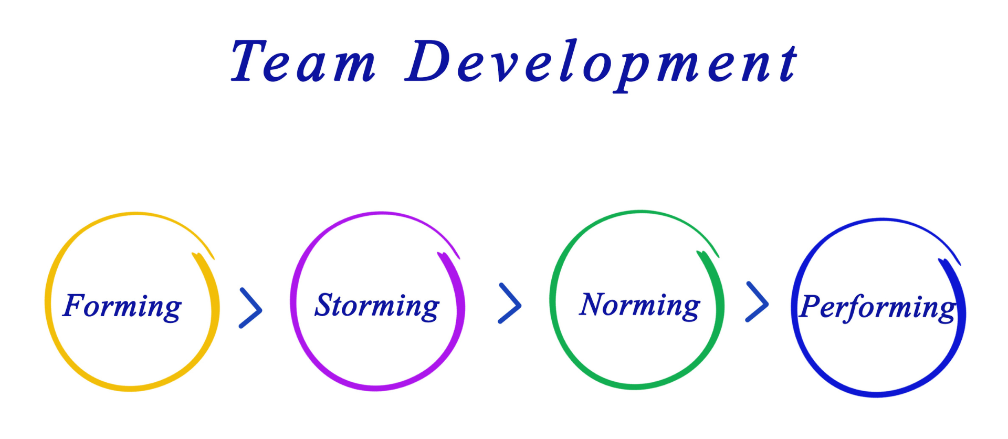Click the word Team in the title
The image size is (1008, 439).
(x=304, y=61)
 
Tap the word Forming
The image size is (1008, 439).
(x=122, y=306)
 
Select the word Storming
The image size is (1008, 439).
(x=377, y=306)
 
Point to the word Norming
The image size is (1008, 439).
(x=639, y=305)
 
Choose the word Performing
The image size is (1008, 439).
(x=877, y=307)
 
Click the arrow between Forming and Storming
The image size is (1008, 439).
(x=250, y=308)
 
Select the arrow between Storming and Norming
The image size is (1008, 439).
(x=509, y=304)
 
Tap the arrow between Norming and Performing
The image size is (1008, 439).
(x=757, y=302)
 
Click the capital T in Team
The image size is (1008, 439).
(x=249, y=61)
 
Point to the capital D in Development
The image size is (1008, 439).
(x=428, y=60)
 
